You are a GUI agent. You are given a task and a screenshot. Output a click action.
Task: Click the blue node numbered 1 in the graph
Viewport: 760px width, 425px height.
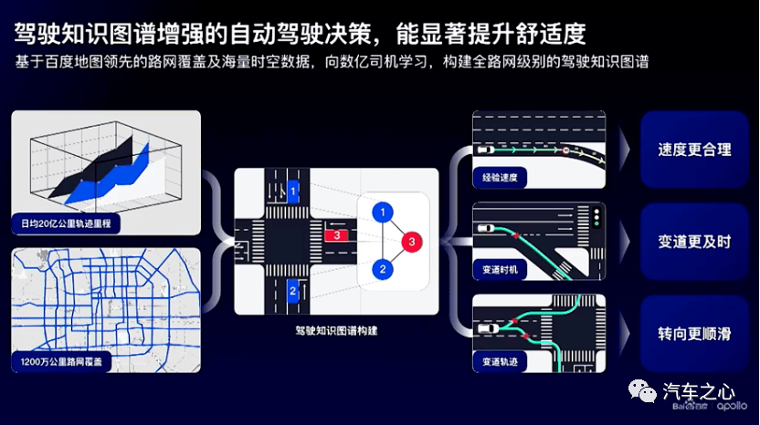click(383, 212)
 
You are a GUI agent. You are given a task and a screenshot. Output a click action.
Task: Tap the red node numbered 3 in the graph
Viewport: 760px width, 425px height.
click(411, 242)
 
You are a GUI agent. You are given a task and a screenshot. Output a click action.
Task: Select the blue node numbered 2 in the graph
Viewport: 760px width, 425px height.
click(383, 270)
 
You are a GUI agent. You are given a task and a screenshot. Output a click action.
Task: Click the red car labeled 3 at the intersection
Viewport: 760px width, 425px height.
click(336, 235)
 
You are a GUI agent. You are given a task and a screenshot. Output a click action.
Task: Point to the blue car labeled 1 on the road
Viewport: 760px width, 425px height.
click(292, 192)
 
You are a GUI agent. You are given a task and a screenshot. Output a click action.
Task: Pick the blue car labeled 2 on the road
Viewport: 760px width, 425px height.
click(292, 291)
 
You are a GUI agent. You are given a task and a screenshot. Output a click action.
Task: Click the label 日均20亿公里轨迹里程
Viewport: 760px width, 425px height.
click(66, 223)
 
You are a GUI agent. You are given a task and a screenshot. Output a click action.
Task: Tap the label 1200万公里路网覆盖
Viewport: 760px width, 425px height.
click(61, 361)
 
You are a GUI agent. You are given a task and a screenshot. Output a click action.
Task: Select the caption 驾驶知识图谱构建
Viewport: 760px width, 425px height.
click(336, 331)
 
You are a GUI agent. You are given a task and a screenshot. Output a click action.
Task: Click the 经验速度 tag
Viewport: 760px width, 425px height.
click(500, 178)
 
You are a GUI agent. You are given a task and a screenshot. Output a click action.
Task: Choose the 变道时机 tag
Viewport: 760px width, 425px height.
click(500, 270)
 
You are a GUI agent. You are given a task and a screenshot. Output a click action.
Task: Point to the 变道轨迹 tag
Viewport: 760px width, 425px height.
click(500, 361)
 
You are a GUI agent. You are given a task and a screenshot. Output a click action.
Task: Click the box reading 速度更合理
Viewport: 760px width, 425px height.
click(694, 150)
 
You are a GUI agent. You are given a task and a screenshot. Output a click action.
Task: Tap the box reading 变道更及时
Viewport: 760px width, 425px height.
click(694, 242)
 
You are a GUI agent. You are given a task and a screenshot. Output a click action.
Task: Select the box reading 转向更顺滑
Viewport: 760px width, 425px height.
click(694, 334)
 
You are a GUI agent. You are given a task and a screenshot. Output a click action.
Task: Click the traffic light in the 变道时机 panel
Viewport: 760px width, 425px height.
click(596, 218)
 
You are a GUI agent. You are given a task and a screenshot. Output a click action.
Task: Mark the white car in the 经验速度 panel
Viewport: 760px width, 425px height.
click(485, 150)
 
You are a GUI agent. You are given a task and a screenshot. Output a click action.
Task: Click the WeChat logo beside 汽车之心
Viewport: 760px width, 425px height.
click(642, 391)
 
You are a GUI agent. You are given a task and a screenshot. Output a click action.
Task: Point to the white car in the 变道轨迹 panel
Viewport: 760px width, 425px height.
click(488, 329)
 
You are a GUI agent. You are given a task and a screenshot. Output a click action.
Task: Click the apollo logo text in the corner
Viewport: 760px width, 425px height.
click(732, 407)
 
